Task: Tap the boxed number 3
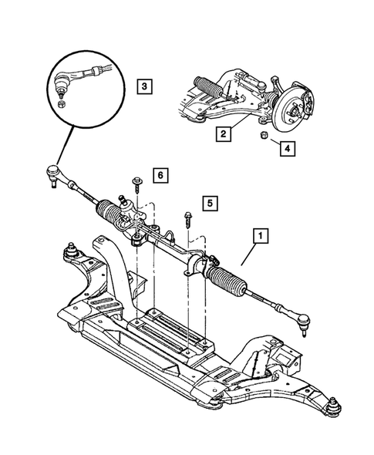(x=144, y=86)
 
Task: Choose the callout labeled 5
(x=209, y=204)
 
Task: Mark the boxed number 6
(x=159, y=176)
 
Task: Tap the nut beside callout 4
(x=264, y=136)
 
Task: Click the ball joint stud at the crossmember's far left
(x=72, y=251)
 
